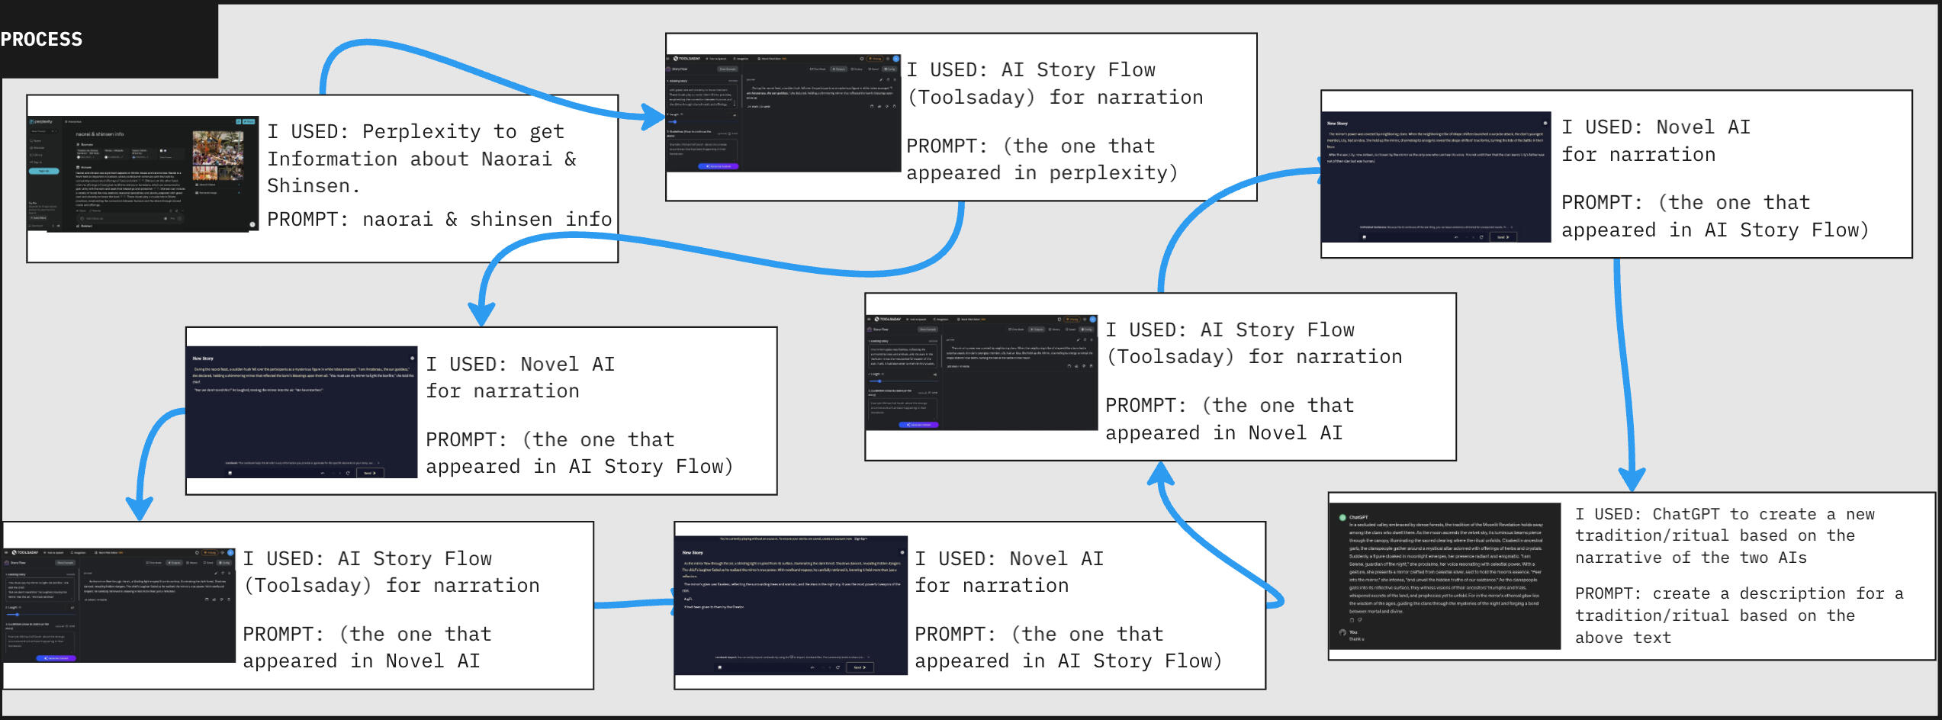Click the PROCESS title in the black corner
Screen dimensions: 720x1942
click(x=41, y=40)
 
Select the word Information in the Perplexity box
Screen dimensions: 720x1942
click(x=332, y=159)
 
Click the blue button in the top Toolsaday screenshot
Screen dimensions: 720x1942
click(x=718, y=166)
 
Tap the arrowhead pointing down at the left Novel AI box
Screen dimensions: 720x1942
click(x=481, y=313)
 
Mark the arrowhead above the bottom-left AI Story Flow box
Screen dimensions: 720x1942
click(x=140, y=508)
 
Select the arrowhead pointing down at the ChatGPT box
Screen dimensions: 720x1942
click(x=1632, y=479)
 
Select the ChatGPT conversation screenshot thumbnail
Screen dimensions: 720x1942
click(x=1444, y=576)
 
